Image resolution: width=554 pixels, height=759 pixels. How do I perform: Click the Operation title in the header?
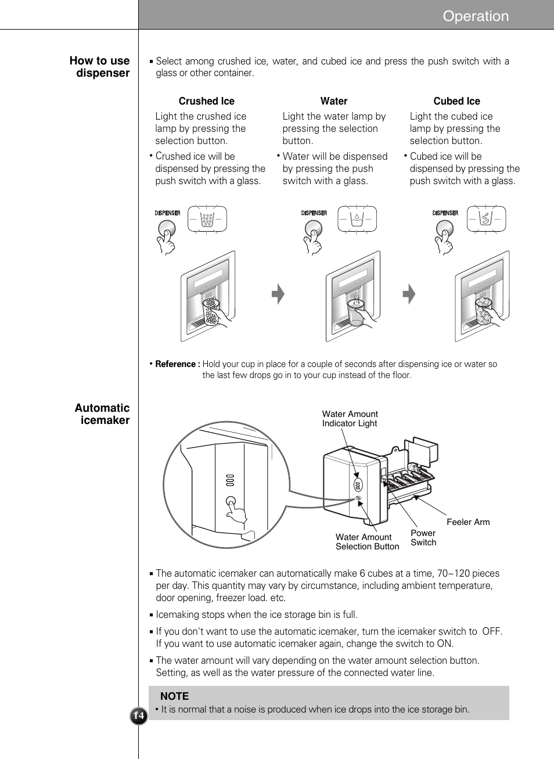(475, 16)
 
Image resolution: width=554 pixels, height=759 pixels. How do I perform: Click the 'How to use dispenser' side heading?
(99, 67)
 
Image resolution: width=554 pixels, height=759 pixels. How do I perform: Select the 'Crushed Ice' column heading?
(206, 101)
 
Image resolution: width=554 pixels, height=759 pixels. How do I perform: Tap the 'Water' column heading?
(333, 101)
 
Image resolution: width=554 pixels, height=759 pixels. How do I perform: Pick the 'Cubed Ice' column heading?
(456, 101)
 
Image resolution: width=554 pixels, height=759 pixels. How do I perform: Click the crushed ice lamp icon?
(207, 220)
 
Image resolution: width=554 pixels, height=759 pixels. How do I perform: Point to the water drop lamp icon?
(357, 220)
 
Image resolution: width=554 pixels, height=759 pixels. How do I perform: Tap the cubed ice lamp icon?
(487, 220)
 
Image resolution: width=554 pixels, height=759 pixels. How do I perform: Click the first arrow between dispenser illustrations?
(279, 294)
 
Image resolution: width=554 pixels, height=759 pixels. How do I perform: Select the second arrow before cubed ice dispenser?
(409, 294)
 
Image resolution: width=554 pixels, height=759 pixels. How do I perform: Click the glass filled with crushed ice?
(211, 312)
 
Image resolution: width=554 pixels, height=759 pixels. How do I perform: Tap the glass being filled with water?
(355, 313)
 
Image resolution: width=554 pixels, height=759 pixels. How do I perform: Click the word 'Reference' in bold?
(177, 364)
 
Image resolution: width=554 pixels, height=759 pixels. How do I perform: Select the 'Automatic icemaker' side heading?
(102, 414)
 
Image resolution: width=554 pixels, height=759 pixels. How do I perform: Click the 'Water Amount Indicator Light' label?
(350, 419)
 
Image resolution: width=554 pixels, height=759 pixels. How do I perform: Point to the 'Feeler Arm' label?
(467, 522)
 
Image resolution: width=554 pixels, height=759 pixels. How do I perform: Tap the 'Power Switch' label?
(423, 538)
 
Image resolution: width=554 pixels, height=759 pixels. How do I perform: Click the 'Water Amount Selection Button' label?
(367, 542)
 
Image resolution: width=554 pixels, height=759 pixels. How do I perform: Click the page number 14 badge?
(138, 716)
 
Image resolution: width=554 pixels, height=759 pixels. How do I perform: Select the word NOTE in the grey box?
(174, 696)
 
